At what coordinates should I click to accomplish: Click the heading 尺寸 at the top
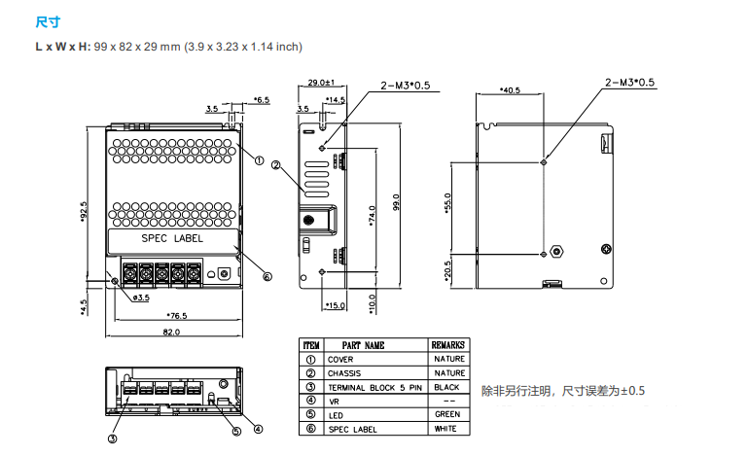[46, 20]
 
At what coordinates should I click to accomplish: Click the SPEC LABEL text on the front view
[172, 239]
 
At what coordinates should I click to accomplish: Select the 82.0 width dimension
[171, 332]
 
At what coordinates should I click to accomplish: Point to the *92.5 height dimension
[85, 210]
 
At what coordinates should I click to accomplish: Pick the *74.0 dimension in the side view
[373, 214]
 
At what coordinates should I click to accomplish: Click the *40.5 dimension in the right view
[510, 89]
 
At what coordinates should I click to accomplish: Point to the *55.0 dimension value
[448, 203]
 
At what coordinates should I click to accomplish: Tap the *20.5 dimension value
[448, 269]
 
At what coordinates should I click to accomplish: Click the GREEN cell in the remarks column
[448, 414]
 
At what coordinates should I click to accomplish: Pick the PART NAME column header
[363, 345]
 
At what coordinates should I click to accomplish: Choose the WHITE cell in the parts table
[448, 428]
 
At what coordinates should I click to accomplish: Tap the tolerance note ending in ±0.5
[563, 391]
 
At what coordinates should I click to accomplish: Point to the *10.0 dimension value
[373, 303]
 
